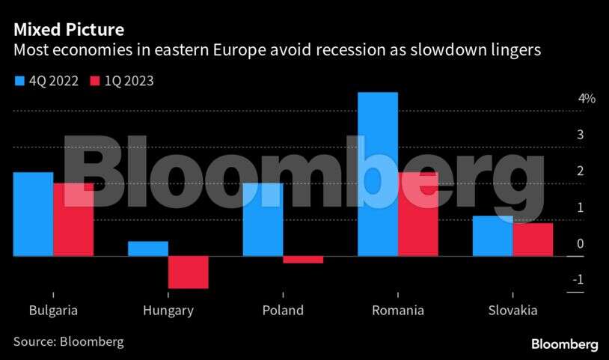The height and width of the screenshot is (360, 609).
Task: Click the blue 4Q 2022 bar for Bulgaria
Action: [x=33, y=215]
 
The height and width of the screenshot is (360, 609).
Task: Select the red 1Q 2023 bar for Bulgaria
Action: [x=73, y=220]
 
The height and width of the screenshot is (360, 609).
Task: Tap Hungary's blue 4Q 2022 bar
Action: [x=148, y=248]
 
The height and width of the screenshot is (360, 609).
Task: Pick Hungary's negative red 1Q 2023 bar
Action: [x=188, y=272]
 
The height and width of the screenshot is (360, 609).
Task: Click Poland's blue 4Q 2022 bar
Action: [x=263, y=220]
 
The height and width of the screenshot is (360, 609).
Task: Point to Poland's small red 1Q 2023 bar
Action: [x=303, y=260]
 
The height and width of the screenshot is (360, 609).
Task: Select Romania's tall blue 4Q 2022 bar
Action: [x=378, y=174]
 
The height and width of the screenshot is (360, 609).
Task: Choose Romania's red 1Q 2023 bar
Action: [x=418, y=215]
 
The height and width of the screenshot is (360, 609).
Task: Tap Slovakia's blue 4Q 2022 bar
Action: [x=492, y=237]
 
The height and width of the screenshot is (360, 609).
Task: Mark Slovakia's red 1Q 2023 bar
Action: [x=533, y=240]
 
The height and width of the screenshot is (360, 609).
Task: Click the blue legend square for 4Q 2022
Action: [x=19, y=81]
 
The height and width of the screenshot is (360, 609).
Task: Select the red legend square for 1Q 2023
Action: [x=94, y=81]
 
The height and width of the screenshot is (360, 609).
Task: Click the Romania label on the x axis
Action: [x=398, y=311]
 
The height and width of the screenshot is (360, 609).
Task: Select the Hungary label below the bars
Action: [x=168, y=311]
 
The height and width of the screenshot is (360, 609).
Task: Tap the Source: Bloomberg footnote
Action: [x=68, y=341]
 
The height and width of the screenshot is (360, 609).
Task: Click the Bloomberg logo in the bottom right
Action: [x=564, y=344]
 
